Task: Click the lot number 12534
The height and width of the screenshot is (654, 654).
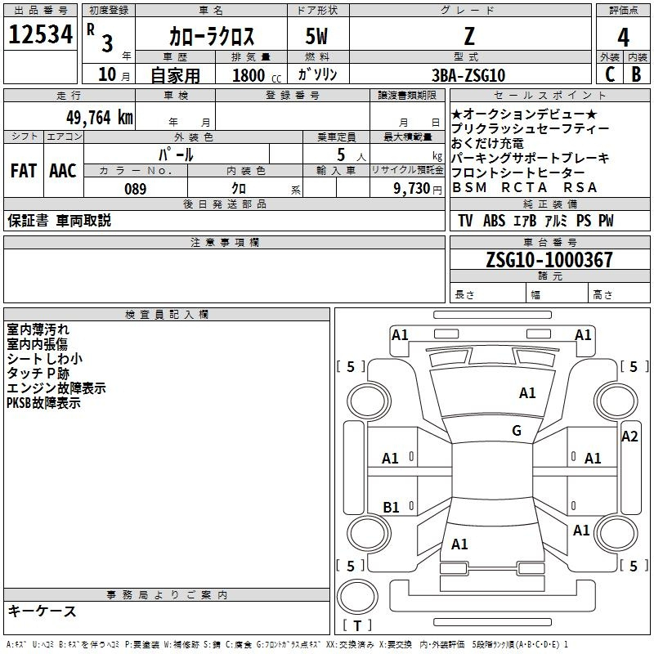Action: (40, 34)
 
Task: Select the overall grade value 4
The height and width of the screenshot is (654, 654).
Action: (623, 38)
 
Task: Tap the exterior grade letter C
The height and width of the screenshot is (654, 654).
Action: (610, 74)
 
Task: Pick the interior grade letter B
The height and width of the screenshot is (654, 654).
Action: (637, 74)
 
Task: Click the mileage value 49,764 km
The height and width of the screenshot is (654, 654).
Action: (100, 118)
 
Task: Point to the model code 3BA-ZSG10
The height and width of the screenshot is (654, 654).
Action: (468, 75)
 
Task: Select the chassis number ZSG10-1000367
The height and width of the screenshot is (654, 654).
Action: (549, 259)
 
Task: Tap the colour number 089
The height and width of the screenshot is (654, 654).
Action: (136, 189)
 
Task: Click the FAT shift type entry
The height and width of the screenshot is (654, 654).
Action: (24, 171)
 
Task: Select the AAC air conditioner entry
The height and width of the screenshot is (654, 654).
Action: (63, 171)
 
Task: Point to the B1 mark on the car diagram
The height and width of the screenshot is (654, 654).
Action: (391, 507)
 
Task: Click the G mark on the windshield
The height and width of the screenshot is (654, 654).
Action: (517, 430)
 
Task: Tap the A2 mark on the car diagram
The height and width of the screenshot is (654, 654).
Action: (629, 437)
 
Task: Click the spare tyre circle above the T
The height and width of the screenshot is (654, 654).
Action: (357, 597)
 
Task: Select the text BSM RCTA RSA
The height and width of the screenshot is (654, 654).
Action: (525, 188)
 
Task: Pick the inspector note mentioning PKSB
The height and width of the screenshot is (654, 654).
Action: (43, 403)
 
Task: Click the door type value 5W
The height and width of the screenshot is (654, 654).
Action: (316, 36)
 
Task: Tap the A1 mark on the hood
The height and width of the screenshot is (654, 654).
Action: (527, 392)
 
